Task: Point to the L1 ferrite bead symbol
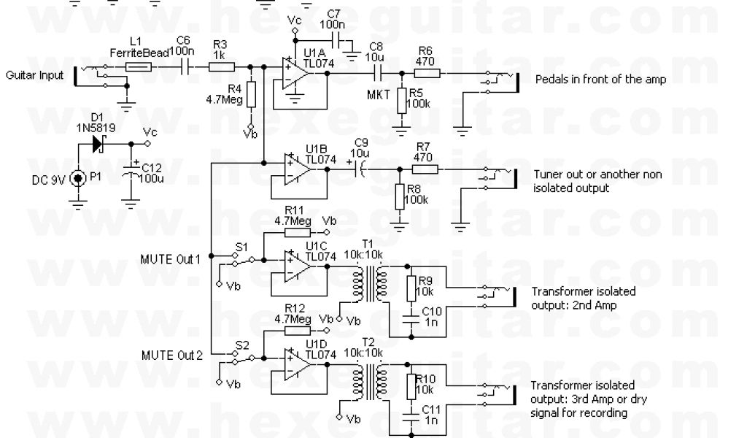click(x=139, y=67)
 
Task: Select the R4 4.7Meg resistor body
click(x=251, y=93)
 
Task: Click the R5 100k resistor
click(x=400, y=103)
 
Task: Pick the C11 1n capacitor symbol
click(x=410, y=415)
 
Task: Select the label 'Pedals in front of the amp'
click(x=600, y=80)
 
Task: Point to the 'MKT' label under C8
click(x=377, y=93)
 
